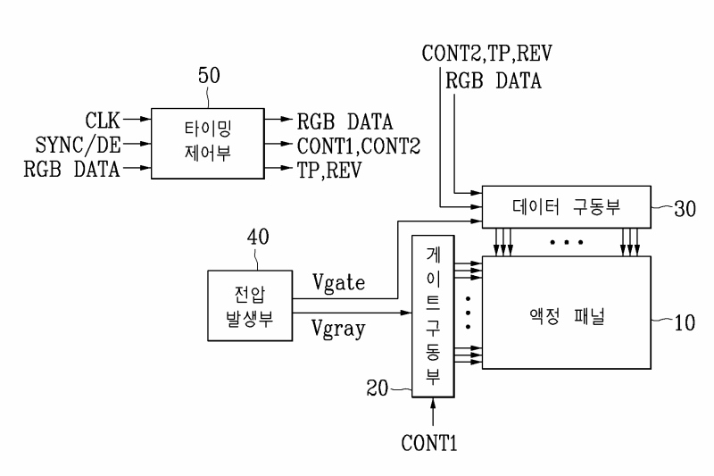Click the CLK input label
click(103, 121)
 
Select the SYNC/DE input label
click(79, 145)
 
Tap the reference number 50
click(209, 76)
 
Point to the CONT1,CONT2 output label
click(359, 146)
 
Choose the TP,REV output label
click(329, 171)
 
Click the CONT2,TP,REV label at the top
click(486, 54)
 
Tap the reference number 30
click(685, 209)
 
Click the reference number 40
click(258, 237)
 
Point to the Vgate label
click(338, 282)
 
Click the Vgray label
click(338, 329)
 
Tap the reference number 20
click(378, 388)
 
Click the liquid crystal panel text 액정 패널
click(567, 315)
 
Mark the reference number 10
click(685, 322)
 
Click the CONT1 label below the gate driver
click(429, 443)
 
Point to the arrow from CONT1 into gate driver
click(433, 412)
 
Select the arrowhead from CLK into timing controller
click(145, 120)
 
